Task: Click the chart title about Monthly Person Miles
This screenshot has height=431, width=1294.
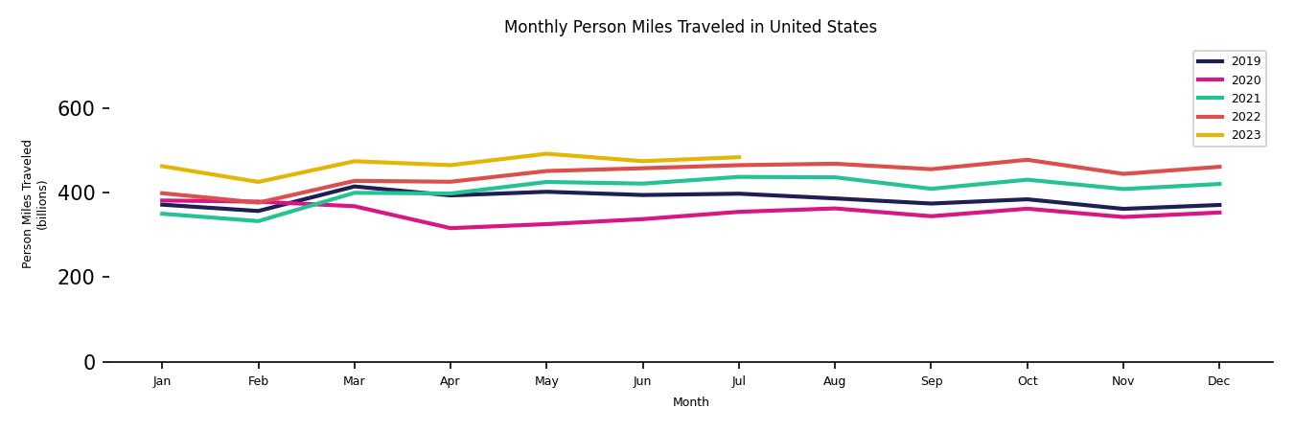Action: point(690,27)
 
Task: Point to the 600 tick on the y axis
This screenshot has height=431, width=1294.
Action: point(76,109)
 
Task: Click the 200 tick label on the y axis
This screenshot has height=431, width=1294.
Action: point(76,278)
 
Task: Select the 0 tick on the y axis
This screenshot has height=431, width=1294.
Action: point(89,362)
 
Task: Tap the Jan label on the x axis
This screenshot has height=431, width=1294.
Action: point(161,381)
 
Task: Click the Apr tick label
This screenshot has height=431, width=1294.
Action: point(450,381)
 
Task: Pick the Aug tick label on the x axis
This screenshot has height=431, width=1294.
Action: point(834,381)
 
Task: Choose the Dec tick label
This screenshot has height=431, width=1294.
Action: point(1218,381)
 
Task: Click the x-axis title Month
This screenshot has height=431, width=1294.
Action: point(690,402)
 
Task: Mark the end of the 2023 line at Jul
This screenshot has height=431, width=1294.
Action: point(738,157)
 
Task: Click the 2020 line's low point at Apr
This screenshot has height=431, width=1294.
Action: point(450,228)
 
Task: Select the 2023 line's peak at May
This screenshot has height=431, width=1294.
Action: point(545,154)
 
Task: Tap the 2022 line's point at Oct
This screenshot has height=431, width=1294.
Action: point(1027,160)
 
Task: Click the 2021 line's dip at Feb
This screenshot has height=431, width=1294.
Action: point(257,221)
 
